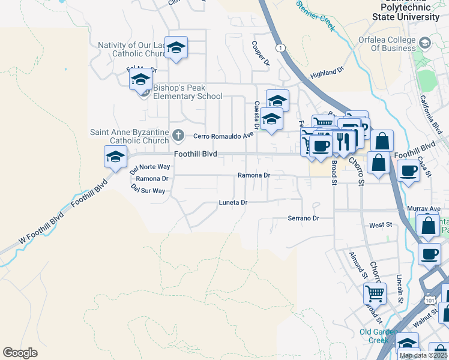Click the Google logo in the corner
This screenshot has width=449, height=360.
[x=20, y=353]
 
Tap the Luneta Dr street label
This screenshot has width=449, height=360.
[x=233, y=203]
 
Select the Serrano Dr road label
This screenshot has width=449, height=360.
[x=303, y=218]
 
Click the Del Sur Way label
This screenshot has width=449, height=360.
[x=148, y=191]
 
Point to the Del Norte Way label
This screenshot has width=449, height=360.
[x=150, y=167]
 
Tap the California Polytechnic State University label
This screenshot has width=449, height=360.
[x=406, y=10]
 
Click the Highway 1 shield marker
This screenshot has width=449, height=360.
[x=280, y=47]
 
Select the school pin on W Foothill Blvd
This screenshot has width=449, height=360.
[x=115, y=157]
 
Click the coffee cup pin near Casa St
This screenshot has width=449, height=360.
[x=408, y=171]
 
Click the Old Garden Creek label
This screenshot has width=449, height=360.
[x=378, y=336]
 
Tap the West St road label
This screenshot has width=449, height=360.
[x=380, y=225]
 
